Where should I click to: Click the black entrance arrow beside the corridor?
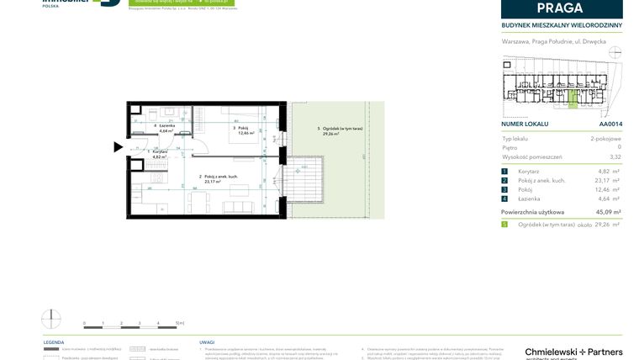click(119, 147)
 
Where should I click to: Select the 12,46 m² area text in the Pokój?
click(245, 133)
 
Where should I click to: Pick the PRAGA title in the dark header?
click(561, 8)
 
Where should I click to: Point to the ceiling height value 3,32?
click(615, 156)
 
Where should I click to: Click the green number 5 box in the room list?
click(504, 225)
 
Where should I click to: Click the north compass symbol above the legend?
click(51, 320)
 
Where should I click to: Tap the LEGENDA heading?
click(53, 342)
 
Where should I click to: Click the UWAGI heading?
click(206, 342)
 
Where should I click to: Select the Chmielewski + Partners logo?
click(573, 352)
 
